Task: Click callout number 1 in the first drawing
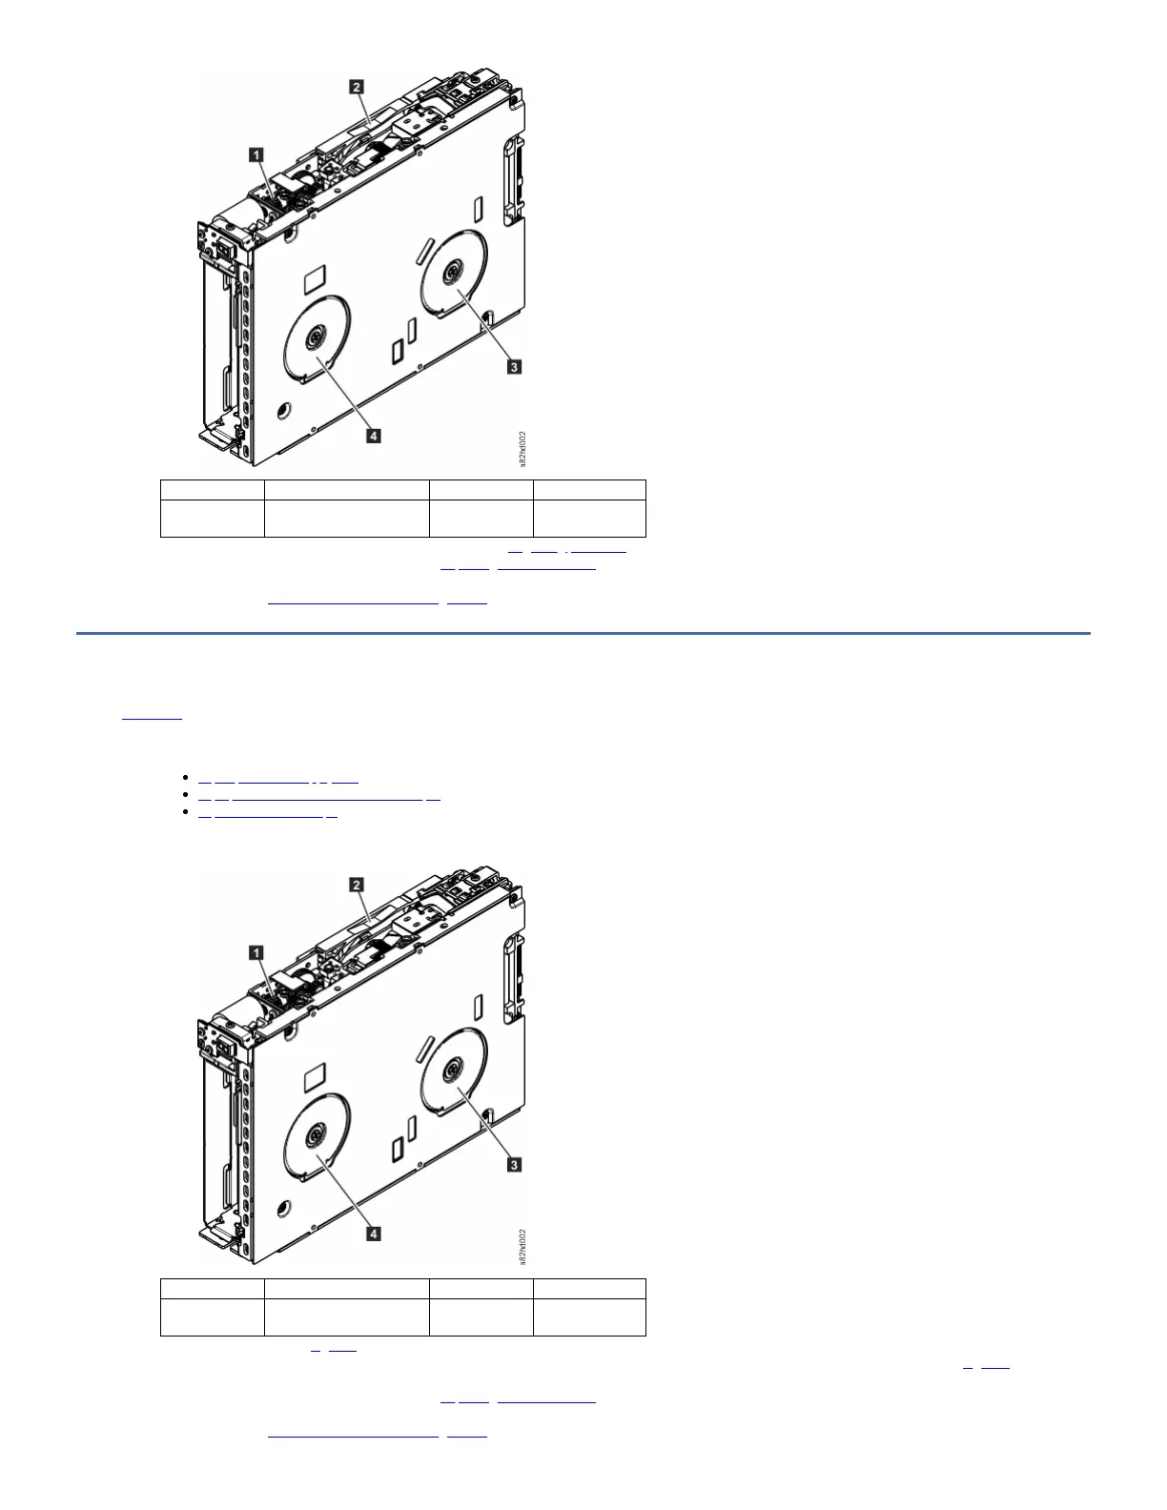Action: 256,153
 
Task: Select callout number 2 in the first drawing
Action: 357,87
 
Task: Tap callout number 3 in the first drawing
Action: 513,366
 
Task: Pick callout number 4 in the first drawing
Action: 374,436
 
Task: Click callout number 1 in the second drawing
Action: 256,951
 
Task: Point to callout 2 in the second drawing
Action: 357,885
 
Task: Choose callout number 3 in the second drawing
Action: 513,1164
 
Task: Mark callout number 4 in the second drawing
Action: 374,1234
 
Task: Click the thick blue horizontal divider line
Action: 583,632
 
